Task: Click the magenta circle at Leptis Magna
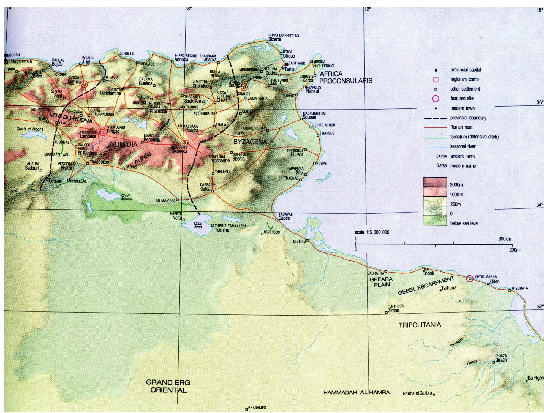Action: (x=470, y=278)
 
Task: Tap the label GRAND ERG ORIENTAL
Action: (x=168, y=386)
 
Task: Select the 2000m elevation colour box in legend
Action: (x=435, y=182)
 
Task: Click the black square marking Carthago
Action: (x=287, y=64)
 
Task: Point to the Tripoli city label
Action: (x=428, y=273)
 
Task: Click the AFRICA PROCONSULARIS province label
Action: (x=346, y=77)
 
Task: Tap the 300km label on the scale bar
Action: (x=505, y=239)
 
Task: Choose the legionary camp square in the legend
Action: (x=436, y=80)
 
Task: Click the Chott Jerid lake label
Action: (x=198, y=225)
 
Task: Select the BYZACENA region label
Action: (x=250, y=142)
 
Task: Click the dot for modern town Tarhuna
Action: (x=440, y=290)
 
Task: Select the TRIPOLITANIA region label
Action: (x=420, y=325)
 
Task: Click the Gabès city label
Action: (x=284, y=218)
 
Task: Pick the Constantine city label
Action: (x=110, y=93)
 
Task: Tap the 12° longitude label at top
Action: (x=368, y=9)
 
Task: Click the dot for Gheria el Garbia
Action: (x=434, y=395)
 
